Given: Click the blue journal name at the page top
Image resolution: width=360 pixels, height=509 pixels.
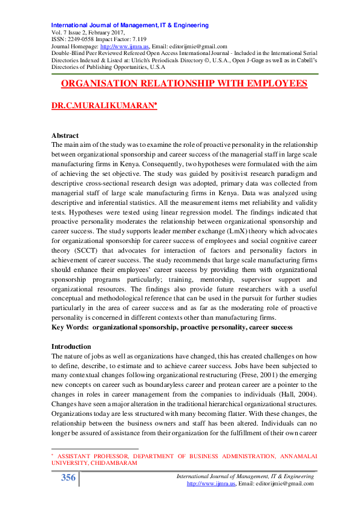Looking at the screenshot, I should [130, 25].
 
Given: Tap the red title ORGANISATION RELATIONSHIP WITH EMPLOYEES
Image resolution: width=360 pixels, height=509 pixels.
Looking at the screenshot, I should [185, 84].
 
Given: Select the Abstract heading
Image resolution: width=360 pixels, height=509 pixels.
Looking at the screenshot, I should [65, 136].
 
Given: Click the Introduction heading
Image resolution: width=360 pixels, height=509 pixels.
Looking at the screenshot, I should [71, 346].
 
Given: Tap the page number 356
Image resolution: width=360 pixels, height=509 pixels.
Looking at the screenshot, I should [68, 478].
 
